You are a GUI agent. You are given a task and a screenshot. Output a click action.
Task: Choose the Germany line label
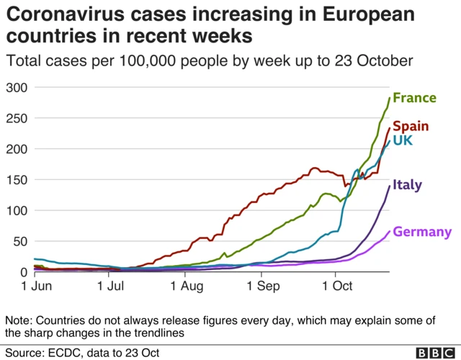coord(423,232)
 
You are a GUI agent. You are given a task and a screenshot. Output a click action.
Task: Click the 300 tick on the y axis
coord(16,88)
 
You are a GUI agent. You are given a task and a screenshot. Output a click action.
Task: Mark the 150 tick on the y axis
coord(16,180)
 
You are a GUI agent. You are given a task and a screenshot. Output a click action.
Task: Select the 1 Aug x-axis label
coord(185,287)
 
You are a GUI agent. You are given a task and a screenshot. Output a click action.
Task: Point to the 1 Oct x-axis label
coord(336,287)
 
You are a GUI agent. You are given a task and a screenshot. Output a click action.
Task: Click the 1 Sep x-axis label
coord(261,287)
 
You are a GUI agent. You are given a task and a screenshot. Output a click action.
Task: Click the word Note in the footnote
coord(19,320)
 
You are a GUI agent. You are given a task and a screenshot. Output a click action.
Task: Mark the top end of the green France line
coord(390,98)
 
